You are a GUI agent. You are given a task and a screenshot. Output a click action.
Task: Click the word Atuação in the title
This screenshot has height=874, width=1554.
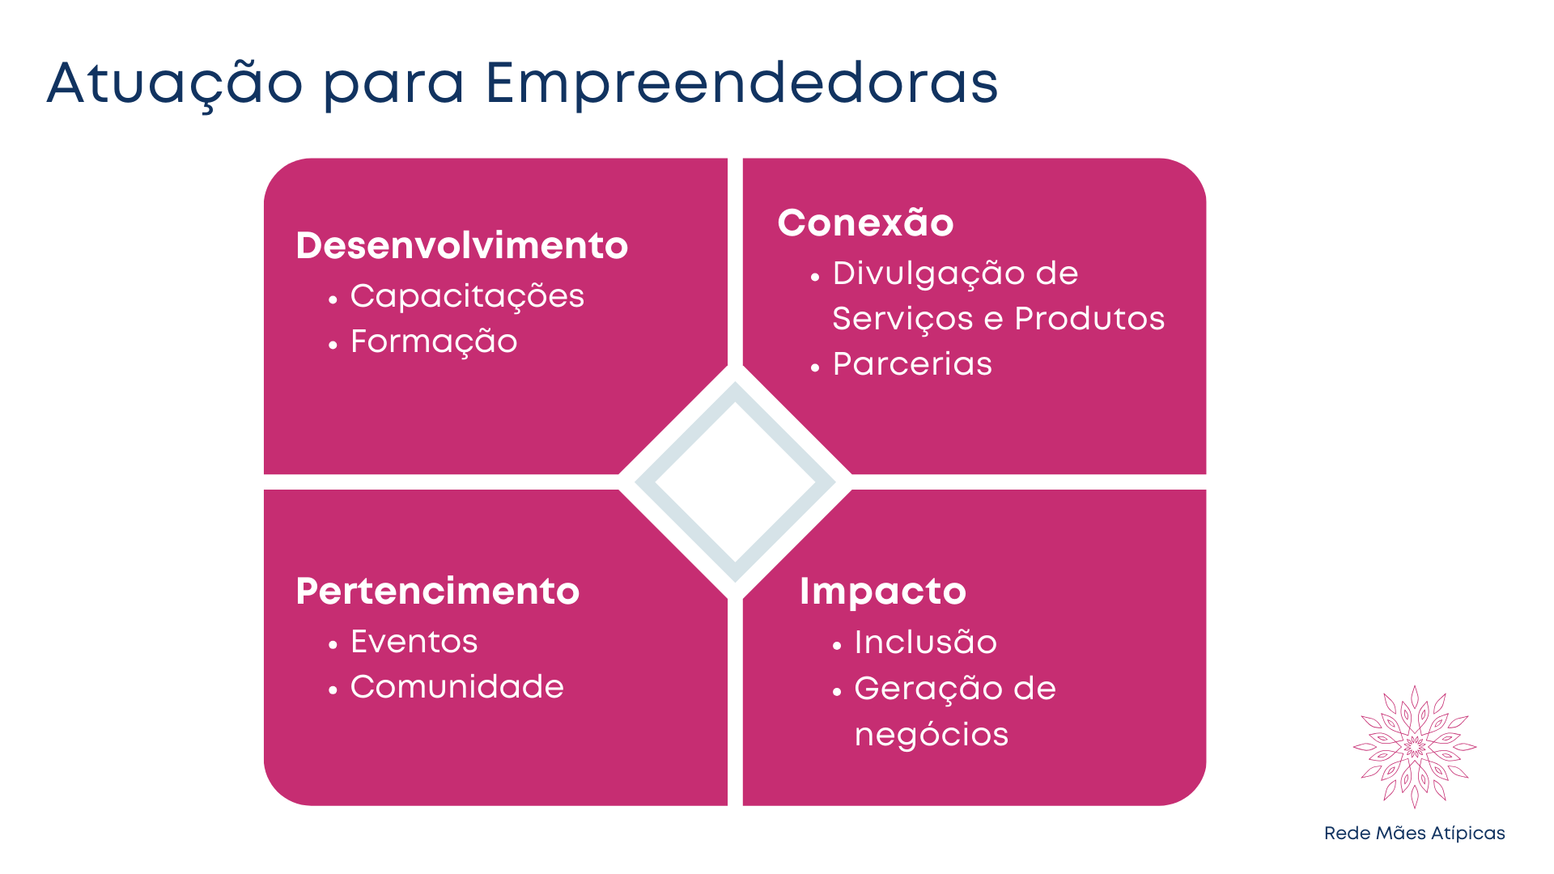[175, 83]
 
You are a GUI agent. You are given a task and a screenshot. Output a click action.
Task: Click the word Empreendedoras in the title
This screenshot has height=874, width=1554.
[741, 84]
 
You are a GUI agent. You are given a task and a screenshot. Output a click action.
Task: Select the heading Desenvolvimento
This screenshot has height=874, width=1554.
[461, 245]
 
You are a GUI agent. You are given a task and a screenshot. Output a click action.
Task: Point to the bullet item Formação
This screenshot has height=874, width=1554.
[434, 342]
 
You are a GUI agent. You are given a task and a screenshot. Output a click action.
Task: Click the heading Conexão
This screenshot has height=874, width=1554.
[865, 222]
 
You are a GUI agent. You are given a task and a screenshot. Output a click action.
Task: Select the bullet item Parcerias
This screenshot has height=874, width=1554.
[912, 364]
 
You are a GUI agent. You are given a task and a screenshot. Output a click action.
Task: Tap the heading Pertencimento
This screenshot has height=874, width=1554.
[437, 591]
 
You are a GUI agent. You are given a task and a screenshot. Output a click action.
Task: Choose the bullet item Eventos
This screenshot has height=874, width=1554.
[414, 642]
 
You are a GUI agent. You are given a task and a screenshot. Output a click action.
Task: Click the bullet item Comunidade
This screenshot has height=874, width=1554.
[456, 687]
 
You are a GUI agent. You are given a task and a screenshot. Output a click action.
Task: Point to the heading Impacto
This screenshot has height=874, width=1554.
[882, 592]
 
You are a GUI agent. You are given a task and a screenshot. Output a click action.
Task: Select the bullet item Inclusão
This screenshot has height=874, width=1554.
[925, 643]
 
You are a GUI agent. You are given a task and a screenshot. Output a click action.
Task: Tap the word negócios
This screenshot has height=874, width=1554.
[932, 736]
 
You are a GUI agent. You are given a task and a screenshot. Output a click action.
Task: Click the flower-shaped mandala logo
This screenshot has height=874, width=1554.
[1415, 747]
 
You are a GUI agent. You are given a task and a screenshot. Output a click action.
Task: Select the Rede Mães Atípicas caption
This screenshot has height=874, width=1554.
[1414, 834]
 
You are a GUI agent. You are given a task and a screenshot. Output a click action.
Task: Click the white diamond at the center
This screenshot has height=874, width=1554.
[735, 482]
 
